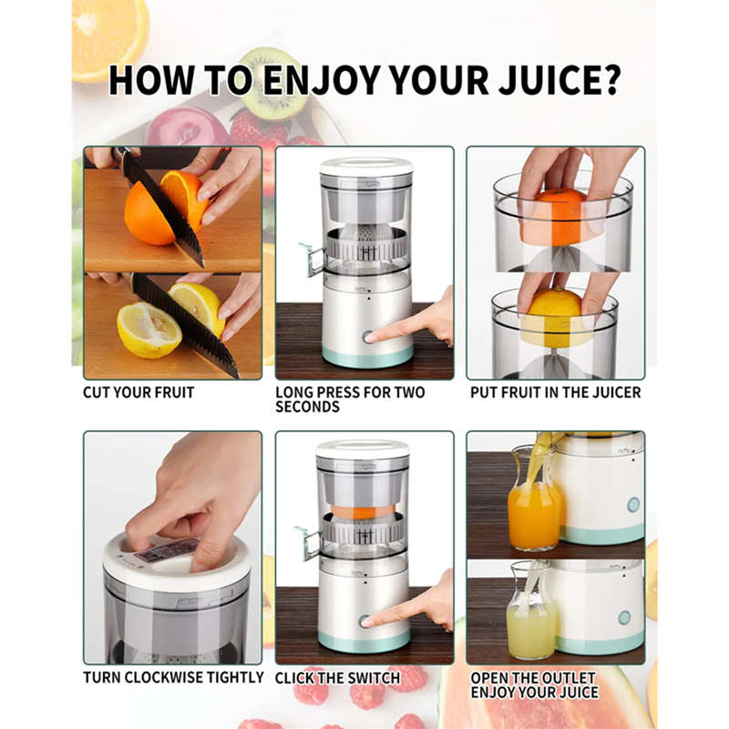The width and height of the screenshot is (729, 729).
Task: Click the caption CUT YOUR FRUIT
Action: pyautogui.click(x=139, y=393)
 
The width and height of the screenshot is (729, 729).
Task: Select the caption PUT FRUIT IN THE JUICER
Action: pyautogui.click(x=555, y=393)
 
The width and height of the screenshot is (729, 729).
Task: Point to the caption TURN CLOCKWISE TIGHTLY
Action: pyautogui.click(x=173, y=678)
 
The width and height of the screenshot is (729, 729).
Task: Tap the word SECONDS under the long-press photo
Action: pyautogui.click(x=307, y=406)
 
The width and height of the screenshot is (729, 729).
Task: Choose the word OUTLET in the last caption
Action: pyautogui.click(x=567, y=678)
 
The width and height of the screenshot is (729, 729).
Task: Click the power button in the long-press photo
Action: pyautogui.click(x=369, y=336)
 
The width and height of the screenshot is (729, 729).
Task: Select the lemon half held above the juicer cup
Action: pyautogui.click(x=555, y=315)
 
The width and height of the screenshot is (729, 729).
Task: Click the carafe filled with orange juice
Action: pyautogui.click(x=533, y=510)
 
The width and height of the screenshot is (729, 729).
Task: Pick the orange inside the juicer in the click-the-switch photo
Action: pyautogui.click(x=364, y=511)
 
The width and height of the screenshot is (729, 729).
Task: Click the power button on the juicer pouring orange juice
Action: pyautogui.click(x=632, y=504)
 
